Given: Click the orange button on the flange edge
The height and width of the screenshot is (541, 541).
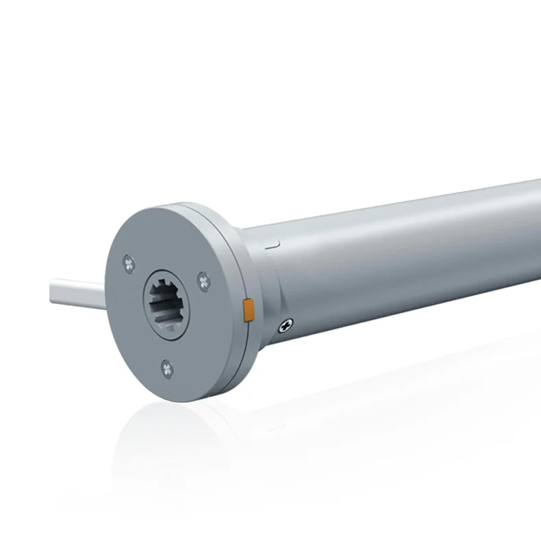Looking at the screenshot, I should point(249,310).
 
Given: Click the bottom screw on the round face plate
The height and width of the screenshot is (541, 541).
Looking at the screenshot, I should point(167,369).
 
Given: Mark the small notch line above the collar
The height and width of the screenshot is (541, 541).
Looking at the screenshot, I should point(273,242).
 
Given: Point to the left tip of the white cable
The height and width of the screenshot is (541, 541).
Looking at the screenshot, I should point(53,294).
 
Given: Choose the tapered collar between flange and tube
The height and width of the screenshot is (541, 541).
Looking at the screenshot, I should point(264,288).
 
